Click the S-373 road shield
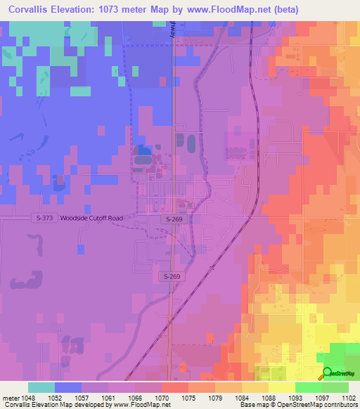[x=44, y=219]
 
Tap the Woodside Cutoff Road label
[x=91, y=219]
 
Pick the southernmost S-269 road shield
[x=169, y=277]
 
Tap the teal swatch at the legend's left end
[x=41, y=387]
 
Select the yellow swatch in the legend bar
[x=281, y=387]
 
